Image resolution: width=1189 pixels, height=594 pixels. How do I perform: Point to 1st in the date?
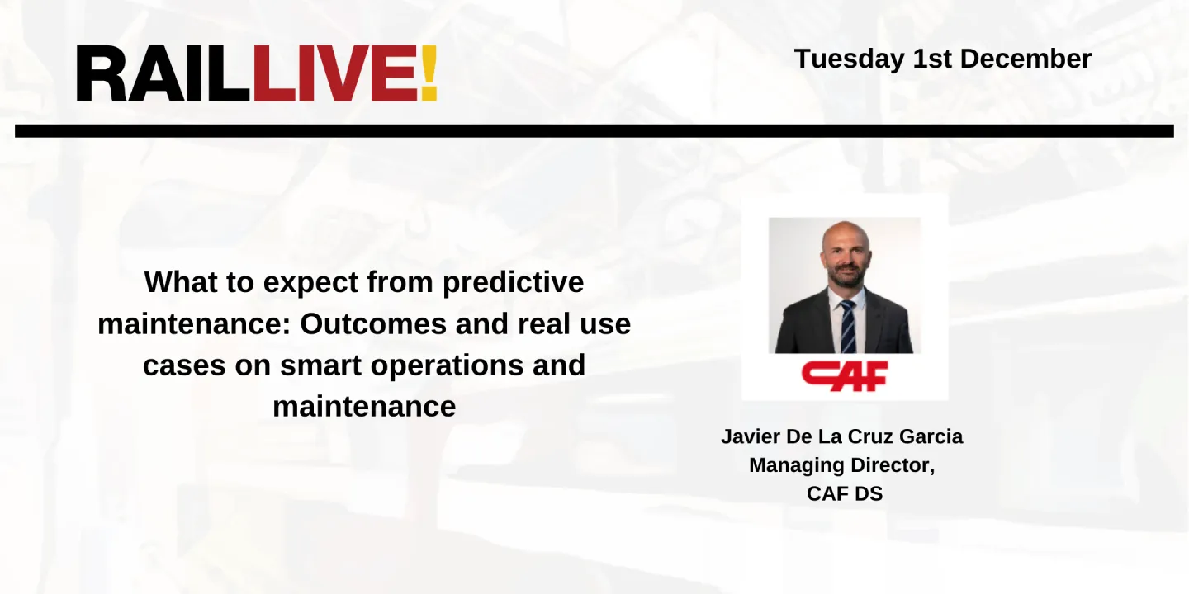(932, 59)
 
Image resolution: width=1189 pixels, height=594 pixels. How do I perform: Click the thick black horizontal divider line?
(594, 131)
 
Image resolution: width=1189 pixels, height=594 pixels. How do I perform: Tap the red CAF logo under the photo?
(844, 375)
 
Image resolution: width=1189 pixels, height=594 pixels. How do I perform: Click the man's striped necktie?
(847, 325)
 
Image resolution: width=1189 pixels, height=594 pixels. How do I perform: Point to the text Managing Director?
(841, 465)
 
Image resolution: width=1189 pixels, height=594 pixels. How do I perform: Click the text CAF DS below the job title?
(844, 494)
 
